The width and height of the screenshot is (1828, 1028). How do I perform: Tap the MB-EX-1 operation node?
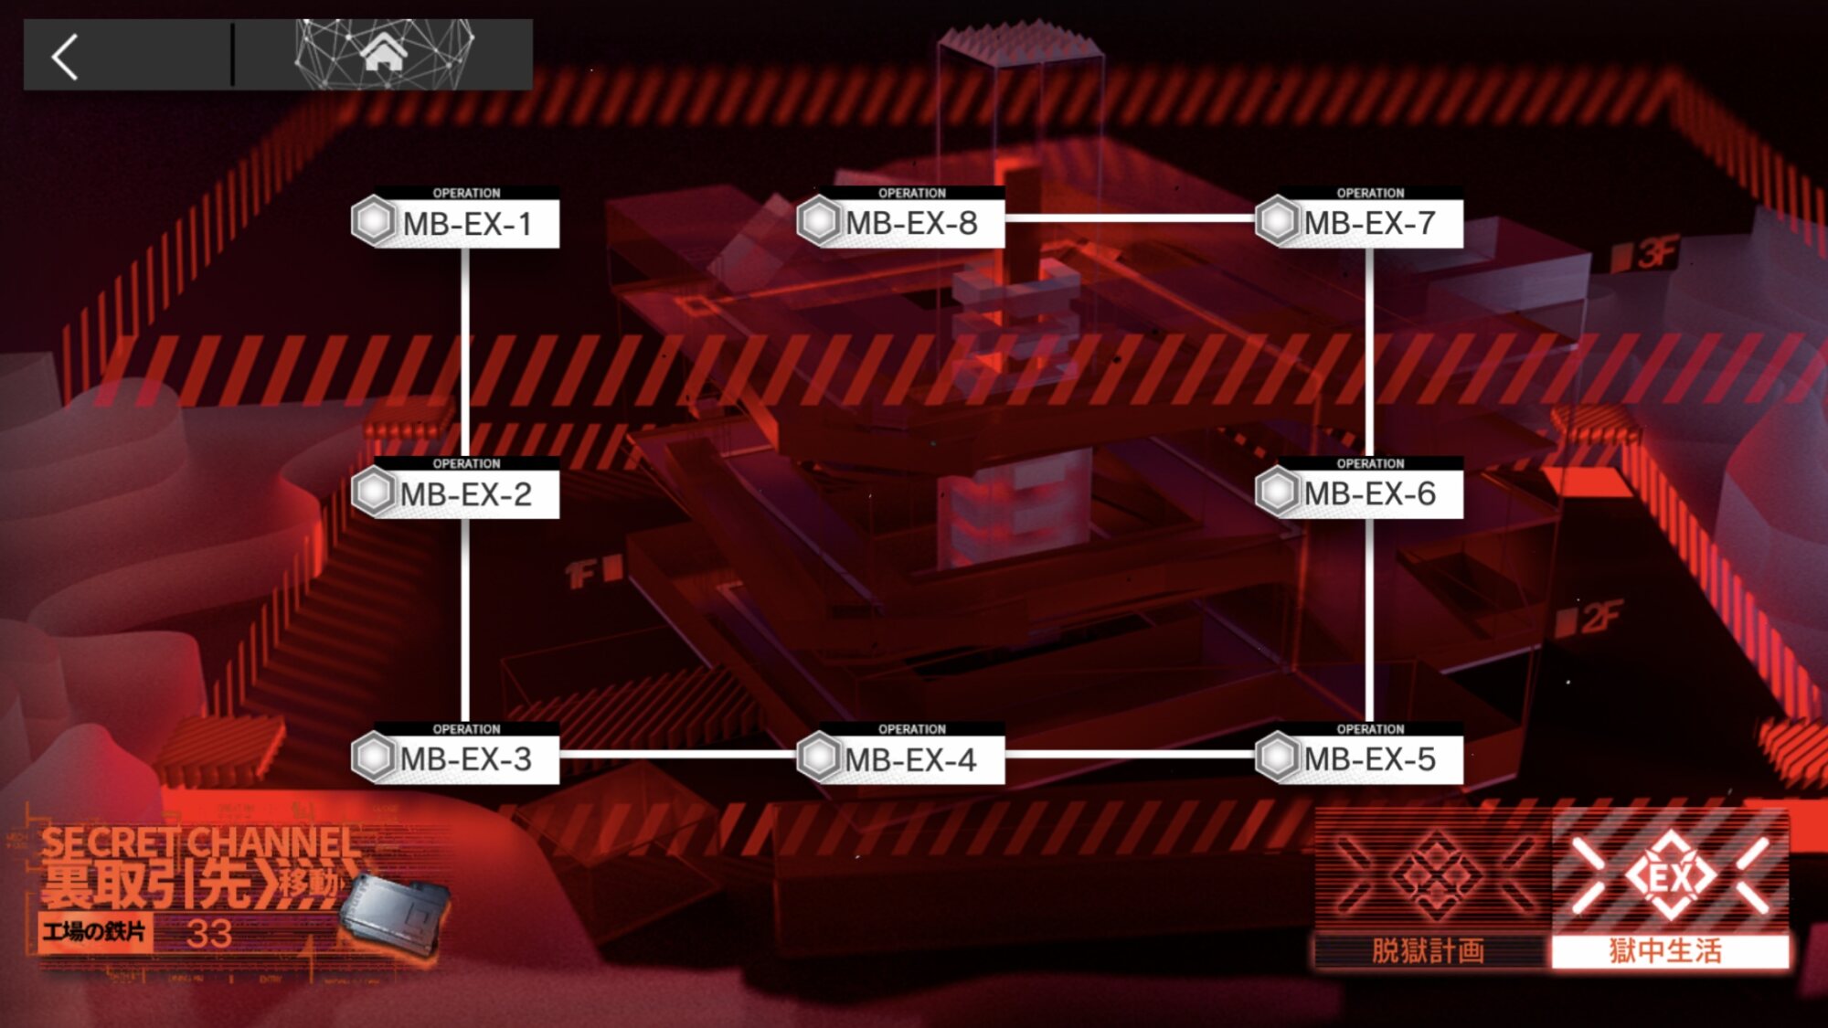pos(456,222)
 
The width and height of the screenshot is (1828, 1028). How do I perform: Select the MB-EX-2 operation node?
pos(456,493)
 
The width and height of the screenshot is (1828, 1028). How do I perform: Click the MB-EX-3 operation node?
pos(456,758)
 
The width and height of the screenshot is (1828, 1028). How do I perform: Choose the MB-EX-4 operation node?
pos(901,758)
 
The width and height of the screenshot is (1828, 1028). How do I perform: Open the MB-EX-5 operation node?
pos(1360,758)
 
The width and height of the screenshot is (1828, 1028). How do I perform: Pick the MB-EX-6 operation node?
pos(1360,493)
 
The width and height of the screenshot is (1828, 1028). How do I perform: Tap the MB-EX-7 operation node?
pos(1360,222)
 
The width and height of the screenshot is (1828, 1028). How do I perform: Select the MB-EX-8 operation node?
pos(901,222)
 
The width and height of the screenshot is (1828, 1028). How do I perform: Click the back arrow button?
pos(65,57)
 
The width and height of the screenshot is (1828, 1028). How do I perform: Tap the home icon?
pos(384,53)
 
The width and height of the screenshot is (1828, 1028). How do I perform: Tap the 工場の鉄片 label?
pos(94,932)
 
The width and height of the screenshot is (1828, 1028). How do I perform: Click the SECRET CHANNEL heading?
pos(201,842)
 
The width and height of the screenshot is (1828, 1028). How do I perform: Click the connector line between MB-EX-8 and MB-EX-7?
pos(1130,218)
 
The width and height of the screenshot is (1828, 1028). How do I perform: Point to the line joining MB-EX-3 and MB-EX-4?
pos(677,755)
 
